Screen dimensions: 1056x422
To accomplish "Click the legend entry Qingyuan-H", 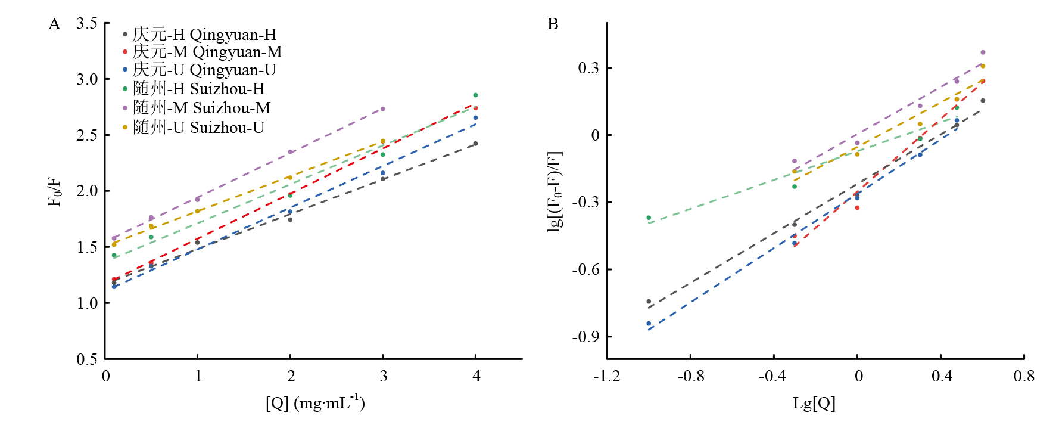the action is (x=200, y=35).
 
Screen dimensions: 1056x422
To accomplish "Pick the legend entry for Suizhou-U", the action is (x=194, y=128).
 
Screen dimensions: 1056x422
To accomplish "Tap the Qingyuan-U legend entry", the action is (x=200, y=70).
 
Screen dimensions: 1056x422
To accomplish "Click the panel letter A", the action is (x=54, y=24).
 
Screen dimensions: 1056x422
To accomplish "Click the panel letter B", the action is (x=553, y=24).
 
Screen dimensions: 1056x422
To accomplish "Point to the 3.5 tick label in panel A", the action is (x=87, y=23).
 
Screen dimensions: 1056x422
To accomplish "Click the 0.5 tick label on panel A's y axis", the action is (x=87, y=359).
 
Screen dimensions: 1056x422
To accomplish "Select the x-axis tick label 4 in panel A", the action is (x=476, y=376).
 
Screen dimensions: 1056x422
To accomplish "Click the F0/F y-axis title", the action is (x=54, y=192).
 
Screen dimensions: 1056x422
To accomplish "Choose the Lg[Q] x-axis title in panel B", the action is (x=814, y=404).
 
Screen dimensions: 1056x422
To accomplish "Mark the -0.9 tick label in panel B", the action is (x=587, y=337).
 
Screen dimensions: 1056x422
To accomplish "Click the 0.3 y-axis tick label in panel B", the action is (x=588, y=68).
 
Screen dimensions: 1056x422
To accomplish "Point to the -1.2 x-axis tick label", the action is (x=606, y=376).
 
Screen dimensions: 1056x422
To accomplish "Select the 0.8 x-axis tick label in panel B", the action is (x=1024, y=376).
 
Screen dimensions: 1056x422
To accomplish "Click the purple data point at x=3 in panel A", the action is (x=383, y=109).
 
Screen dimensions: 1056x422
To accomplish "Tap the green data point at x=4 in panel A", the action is (x=475, y=95).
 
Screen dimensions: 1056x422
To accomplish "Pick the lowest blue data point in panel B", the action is (x=649, y=324).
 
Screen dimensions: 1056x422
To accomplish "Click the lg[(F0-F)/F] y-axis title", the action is (x=555, y=192).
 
